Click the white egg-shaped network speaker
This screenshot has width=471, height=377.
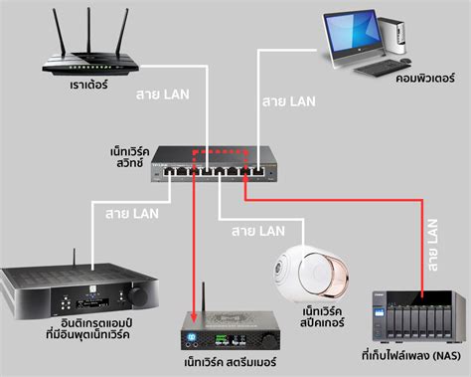pos(309,270)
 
